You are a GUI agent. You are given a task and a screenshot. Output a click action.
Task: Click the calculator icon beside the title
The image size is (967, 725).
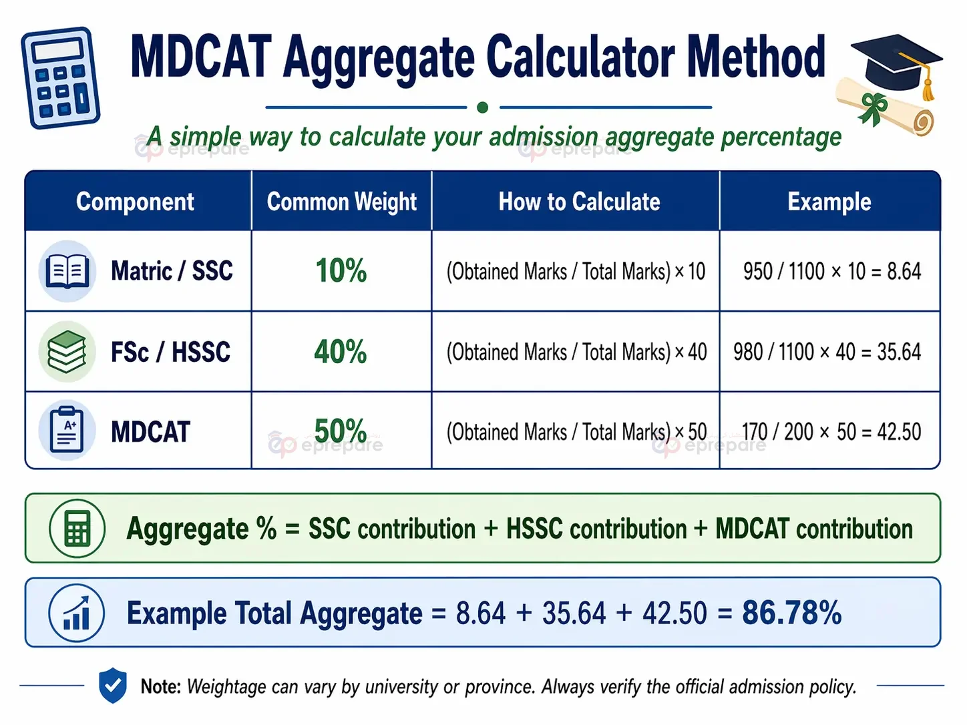click(x=60, y=77)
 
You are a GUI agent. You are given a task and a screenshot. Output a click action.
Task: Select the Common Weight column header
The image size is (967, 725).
click(x=341, y=202)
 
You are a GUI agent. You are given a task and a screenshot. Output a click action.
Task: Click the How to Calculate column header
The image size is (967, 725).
click(x=578, y=202)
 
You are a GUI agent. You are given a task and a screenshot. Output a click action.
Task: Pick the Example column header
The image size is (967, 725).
click(x=829, y=202)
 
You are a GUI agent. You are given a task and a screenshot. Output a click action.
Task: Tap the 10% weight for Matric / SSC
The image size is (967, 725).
click(x=341, y=271)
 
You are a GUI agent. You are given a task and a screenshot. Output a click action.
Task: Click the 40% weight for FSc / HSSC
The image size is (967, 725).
click(x=341, y=352)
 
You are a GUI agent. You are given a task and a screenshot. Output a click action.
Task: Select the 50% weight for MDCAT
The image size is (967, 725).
click(x=341, y=431)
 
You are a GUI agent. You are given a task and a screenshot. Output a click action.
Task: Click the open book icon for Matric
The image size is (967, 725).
click(x=67, y=271)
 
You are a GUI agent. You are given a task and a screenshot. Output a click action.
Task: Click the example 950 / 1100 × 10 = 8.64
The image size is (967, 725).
click(x=831, y=272)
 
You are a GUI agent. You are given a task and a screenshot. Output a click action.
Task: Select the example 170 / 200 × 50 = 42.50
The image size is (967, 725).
click(x=831, y=432)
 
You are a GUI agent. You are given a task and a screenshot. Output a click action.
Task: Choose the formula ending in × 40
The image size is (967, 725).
click(x=576, y=352)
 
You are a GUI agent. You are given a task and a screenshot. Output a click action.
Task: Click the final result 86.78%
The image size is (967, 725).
click(x=791, y=613)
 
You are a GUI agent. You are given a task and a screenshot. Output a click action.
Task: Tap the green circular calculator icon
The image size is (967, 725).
click(x=77, y=529)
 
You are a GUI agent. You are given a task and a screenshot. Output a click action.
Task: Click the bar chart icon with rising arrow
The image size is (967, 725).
click(x=77, y=613)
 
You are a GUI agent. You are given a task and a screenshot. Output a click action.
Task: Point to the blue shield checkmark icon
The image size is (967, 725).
click(x=112, y=685)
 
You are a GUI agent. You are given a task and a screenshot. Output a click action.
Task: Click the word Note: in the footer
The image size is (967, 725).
click(x=160, y=686)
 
